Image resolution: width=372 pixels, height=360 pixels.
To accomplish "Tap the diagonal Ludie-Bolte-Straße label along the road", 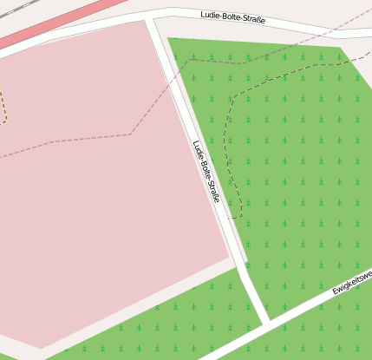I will tap(206, 171).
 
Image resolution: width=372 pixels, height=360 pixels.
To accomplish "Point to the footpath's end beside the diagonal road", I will tap(230, 218).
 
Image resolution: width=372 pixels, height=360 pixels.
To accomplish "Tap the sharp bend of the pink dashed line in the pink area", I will tap(131, 134).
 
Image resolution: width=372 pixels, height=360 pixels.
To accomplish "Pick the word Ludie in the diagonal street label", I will tap(197, 148).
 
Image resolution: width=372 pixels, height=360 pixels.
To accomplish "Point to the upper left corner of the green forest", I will tap(169, 40).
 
